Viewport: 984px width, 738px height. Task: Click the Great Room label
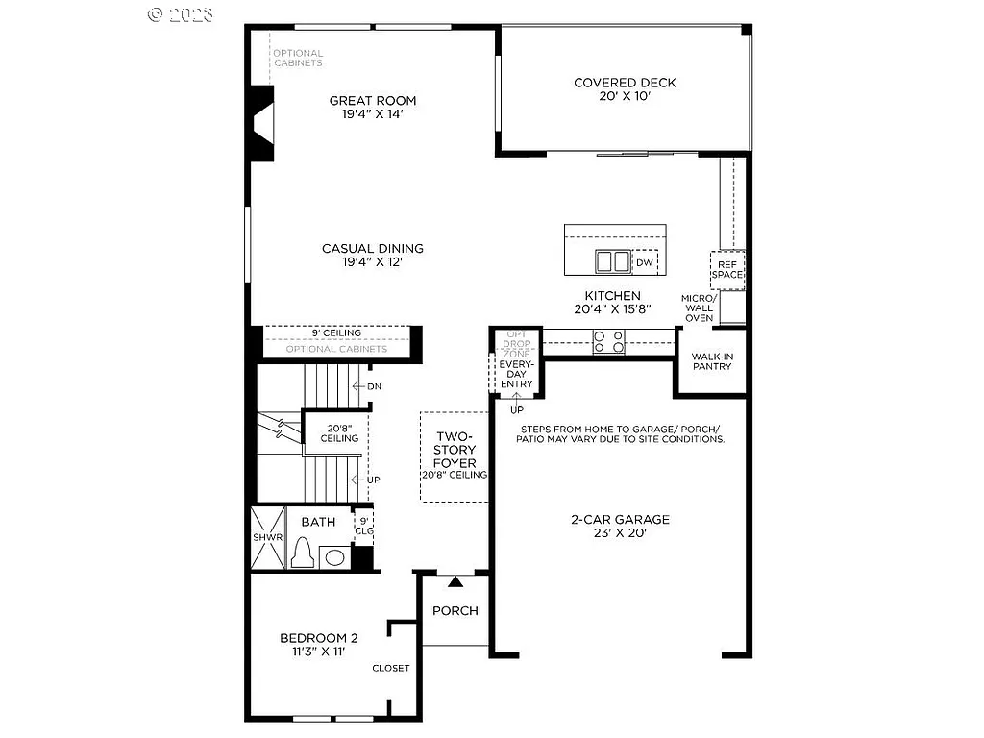coord(373,107)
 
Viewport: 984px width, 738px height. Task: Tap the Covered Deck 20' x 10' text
coord(625,89)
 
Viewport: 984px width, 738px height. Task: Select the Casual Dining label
coord(373,255)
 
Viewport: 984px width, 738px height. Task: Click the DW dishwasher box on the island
coord(644,262)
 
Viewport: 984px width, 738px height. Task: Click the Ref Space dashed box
coord(727,269)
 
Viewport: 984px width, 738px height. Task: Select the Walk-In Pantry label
coord(712,360)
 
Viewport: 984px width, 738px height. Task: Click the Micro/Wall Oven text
coord(700,307)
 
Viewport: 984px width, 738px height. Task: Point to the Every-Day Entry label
coord(516,375)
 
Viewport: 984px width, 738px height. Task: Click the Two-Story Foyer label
coord(455,455)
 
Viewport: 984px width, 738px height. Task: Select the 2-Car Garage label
coord(620,526)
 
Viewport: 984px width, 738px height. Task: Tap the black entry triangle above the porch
coord(455,580)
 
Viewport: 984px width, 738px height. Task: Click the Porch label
coord(455,610)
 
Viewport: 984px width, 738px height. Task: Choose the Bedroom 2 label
coord(319,644)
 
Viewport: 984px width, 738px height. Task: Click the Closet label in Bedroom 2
coord(391,668)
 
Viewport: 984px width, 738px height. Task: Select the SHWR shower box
coord(268,538)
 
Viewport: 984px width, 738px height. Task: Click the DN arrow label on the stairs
coord(369,386)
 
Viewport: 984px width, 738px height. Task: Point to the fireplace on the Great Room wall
coord(262,123)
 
